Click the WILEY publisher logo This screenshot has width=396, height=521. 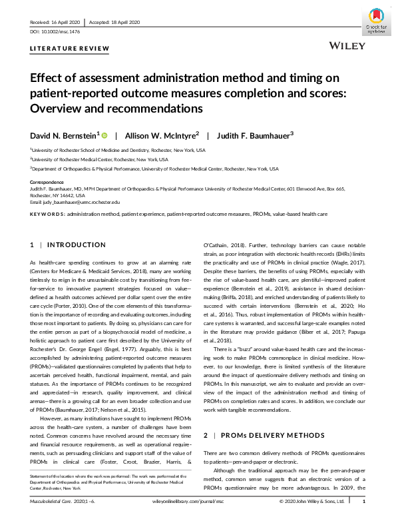coord(347,47)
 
